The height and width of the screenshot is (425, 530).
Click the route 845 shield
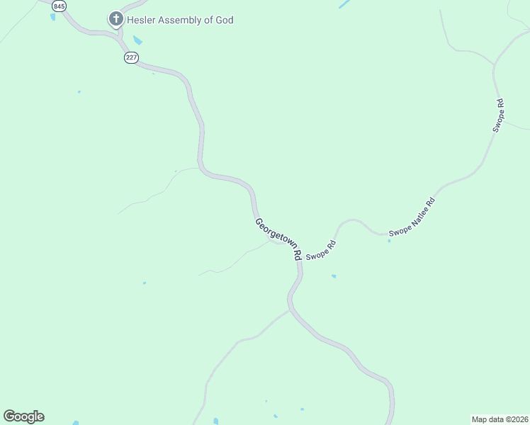coord(60,6)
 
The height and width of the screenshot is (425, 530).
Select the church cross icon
coord(116,19)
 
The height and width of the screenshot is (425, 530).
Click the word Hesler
coord(142,20)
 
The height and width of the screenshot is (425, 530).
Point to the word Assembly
coord(183,20)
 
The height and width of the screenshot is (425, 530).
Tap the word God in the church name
coord(224,20)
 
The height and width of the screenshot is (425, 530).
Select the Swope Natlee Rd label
coord(411,217)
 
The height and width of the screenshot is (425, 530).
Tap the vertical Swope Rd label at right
coord(499,115)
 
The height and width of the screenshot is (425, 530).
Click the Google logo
coord(23,416)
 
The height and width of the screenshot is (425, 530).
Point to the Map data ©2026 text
coord(500,419)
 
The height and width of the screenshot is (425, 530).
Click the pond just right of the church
coord(137,40)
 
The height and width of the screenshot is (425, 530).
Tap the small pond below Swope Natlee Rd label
coord(389,241)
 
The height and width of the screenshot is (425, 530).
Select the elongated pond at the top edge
coord(344,4)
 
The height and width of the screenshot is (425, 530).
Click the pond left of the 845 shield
coord(52,16)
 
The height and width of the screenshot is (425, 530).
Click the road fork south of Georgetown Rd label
coord(290,309)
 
